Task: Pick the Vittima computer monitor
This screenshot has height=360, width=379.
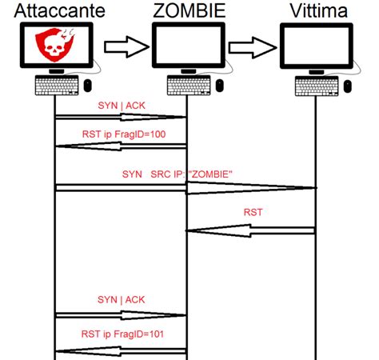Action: pyautogui.click(x=317, y=46)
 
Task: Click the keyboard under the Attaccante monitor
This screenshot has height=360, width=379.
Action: pyautogui.click(x=54, y=84)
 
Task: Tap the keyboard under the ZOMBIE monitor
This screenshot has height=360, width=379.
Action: pyautogui.click(x=186, y=84)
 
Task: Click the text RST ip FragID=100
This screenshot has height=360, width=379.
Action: pyautogui.click(x=123, y=134)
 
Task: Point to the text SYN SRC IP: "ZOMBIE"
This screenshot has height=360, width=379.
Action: pyautogui.click(x=177, y=173)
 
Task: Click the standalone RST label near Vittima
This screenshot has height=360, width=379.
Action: pyautogui.click(x=254, y=214)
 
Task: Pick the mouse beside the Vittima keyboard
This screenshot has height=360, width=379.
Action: pyautogui.click(x=349, y=84)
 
